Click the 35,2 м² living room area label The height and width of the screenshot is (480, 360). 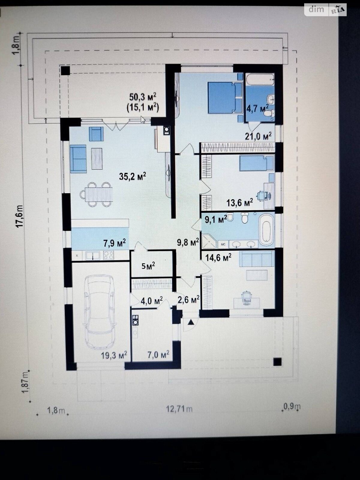(133, 176)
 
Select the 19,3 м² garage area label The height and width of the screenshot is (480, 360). (114, 355)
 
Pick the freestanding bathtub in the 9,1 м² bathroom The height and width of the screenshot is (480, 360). (266, 230)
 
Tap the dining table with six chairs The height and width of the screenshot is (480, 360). (96, 194)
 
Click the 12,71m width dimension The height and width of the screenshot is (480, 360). (179, 409)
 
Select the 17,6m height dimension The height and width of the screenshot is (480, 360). (20, 216)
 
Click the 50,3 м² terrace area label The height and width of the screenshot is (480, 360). (143, 96)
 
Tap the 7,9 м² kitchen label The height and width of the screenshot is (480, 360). (115, 243)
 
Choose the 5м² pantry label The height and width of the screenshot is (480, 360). (148, 266)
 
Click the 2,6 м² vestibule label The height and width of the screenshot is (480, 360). (188, 300)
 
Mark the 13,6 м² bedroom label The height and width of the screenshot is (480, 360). (240, 203)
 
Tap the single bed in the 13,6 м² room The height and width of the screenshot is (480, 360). (256, 163)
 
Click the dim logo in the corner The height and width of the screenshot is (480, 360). (316, 9)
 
